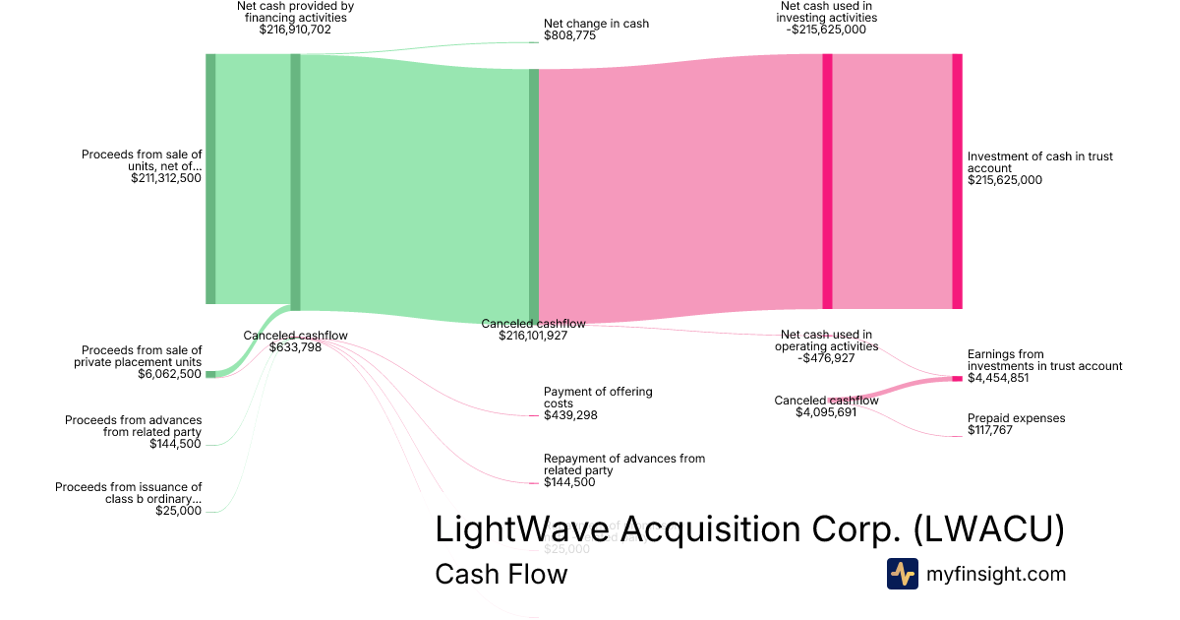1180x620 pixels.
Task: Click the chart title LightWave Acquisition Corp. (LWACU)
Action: [749, 529]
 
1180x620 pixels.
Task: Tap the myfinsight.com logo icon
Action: [902, 574]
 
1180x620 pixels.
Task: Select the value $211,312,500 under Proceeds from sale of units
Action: [166, 178]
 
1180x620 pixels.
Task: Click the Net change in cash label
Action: [596, 24]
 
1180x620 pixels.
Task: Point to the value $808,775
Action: [569, 35]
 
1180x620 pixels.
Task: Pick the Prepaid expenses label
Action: [1016, 418]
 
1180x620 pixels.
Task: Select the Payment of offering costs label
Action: [598, 398]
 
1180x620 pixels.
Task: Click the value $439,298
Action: [569, 415]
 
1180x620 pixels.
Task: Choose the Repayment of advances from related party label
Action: [624, 465]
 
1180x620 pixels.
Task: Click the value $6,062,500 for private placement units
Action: [169, 374]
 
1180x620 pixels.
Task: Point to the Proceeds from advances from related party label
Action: [134, 426]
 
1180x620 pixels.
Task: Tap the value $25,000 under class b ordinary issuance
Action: [178, 511]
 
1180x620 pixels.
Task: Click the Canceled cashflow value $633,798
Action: [295, 347]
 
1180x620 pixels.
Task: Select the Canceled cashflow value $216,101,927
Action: [533, 336]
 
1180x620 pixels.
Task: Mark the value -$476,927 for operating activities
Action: [825, 358]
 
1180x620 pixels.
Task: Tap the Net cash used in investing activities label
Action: [827, 12]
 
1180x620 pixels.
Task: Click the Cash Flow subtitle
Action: [501, 574]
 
